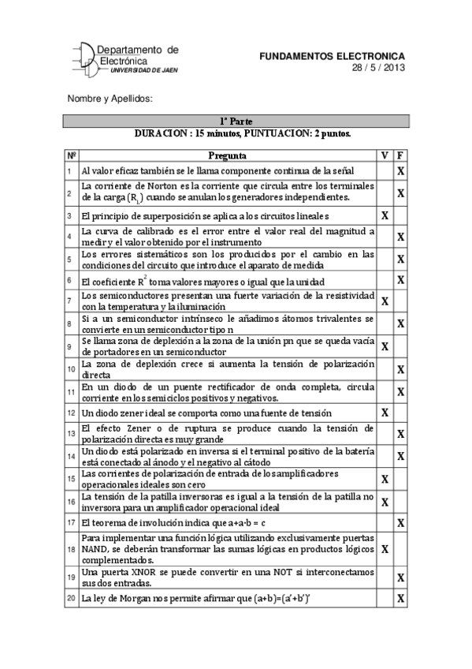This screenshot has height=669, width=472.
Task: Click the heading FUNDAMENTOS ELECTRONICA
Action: [x=332, y=57]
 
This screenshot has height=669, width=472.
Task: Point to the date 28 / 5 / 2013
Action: [x=378, y=67]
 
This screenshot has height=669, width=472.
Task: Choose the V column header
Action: [x=385, y=155]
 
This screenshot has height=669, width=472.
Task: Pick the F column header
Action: [x=400, y=155]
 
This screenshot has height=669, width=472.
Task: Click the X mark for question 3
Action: [x=385, y=215]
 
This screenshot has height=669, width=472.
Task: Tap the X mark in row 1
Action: [x=400, y=171]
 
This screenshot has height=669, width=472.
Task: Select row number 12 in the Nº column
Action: [x=70, y=413]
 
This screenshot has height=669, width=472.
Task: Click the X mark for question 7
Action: [x=385, y=301]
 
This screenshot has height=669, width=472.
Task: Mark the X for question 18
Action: [x=385, y=548]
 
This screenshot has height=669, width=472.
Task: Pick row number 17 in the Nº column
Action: [x=70, y=522]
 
